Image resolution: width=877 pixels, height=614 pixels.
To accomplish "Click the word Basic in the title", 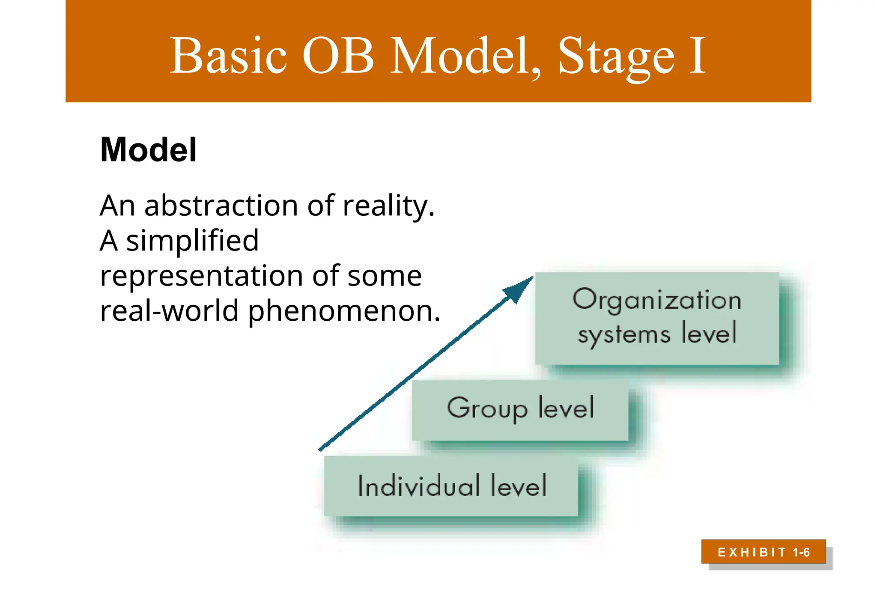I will pos(228,56).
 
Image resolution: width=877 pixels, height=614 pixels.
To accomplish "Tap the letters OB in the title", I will pos(338,56).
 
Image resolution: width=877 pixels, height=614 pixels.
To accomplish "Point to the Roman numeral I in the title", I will pos(697,56).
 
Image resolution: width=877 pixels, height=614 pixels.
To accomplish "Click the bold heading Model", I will pos(148,150).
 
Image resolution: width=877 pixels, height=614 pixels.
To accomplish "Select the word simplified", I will pos(192,241).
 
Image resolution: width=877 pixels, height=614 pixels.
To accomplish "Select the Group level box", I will pos(520,410).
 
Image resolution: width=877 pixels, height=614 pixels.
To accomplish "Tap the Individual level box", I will pos(451,486).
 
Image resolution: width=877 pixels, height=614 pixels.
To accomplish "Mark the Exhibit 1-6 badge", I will pos(764,552).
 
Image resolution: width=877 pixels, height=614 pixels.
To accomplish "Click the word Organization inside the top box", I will pos(657,300).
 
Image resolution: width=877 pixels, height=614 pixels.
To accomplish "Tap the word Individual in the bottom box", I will pos(418,486).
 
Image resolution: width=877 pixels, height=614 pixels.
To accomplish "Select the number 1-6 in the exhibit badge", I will pos(801,552).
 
